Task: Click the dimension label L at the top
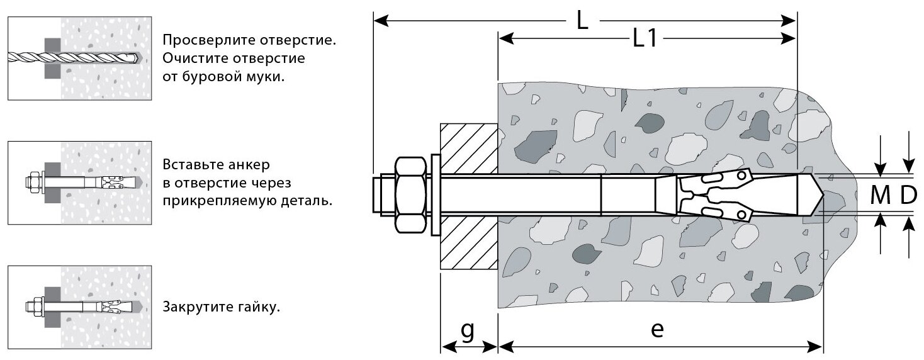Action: [x=582, y=21]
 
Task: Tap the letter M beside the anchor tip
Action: [x=880, y=196]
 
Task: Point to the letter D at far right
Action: [x=907, y=196]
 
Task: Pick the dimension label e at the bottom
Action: [x=657, y=330]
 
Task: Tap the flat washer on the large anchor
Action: [x=435, y=195]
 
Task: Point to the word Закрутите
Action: [x=196, y=308]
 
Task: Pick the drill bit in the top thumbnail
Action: [x=76, y=58]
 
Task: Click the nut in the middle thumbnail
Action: [x=35, y=183]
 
